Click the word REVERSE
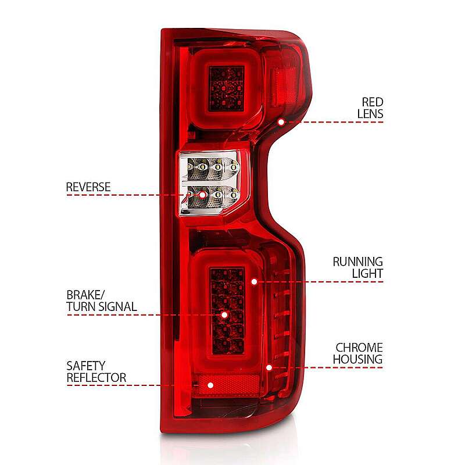(x=88, y=187)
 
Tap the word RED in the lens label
(x=373, y=102)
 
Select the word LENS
(x=370, y=114)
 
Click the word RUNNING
(x=357, y=262)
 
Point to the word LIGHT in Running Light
(x=367, y=273)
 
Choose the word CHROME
(x=359, y=348)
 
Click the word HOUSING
(x=357, y=359)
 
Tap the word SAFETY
(x=85, y=366)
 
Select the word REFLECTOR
(x=96, y=378)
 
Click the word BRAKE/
(x=85, y=295)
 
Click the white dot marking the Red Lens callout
(x=281, y=122)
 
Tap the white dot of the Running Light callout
(x=254, y=282)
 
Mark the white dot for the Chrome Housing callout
(x=269, y=368)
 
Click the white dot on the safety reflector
(x=210, y=385)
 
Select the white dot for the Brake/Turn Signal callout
(x=224, y=314)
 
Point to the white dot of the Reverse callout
(x=202, y=195)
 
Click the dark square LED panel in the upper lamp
(x=226, y=89)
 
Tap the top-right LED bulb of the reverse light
(x=234, y=167)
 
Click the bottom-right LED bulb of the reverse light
(x=234, y=195)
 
